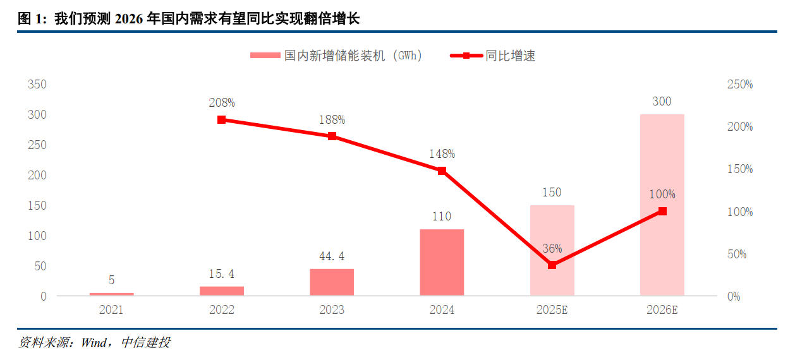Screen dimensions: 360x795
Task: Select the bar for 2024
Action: point(442,262)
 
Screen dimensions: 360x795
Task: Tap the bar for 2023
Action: point(332,282)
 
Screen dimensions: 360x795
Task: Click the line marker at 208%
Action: point(222,120)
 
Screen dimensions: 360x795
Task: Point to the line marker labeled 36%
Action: point(552,265)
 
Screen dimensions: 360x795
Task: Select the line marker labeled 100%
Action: point(662,212)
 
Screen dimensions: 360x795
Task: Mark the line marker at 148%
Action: point(442,171)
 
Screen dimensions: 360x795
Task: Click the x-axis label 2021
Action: point(111,310)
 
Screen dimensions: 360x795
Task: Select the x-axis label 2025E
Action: point(552,310)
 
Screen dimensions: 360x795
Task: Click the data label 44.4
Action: point(332,256)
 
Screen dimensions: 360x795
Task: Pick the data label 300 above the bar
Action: point(662,102)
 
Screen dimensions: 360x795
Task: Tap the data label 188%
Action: point(332,119)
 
